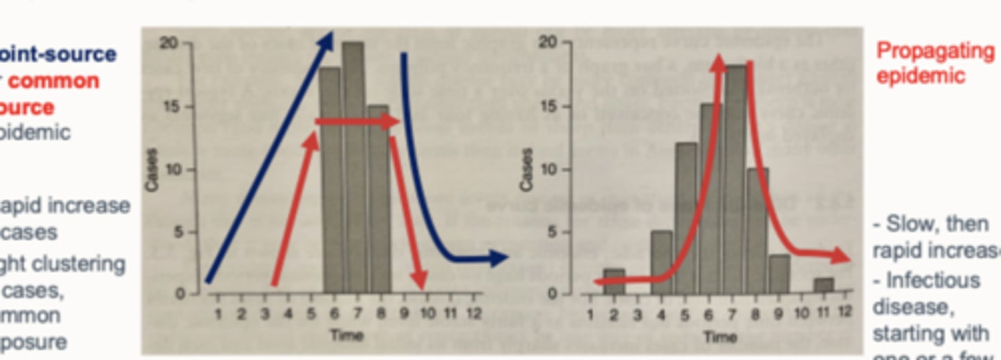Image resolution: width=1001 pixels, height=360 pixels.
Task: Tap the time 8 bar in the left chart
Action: pyautogui.click(x=378, y=208)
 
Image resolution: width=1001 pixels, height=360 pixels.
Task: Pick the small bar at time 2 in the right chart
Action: pyautogui.click(x=613, y=281)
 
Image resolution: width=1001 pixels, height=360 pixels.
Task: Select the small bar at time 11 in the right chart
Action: pyautogui.click(x=823, y=286)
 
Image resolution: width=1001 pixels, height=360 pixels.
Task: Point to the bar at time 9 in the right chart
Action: pyautogui.click(x=779, y=274)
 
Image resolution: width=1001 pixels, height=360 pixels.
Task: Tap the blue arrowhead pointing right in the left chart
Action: pyautogui.click(x=499, y=259)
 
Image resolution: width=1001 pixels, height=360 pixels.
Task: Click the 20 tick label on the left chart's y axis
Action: pyautogui.click(x=169, y=43)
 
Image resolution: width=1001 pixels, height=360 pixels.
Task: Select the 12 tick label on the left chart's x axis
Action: pyautogui.click(x=473, y=313)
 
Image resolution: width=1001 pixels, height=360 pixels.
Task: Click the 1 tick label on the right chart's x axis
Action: pyautogui.click(x=590, y=313)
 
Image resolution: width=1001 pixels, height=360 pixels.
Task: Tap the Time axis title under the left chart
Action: pyautogui.click(x=346, y=336)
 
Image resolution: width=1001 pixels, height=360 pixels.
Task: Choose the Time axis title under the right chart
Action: pyautogui.click(x=719, y=337)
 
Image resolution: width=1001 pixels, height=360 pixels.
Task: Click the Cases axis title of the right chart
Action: pyautogui.click(x=527, y=169)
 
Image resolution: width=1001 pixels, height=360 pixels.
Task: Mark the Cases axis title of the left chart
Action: pyautogui.click(x=151, y=170)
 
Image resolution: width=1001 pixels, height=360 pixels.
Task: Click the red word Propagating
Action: pyautogui.click(x=935, y=51)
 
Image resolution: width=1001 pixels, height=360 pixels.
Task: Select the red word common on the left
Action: pyautogui.click(x=54, y=81)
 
